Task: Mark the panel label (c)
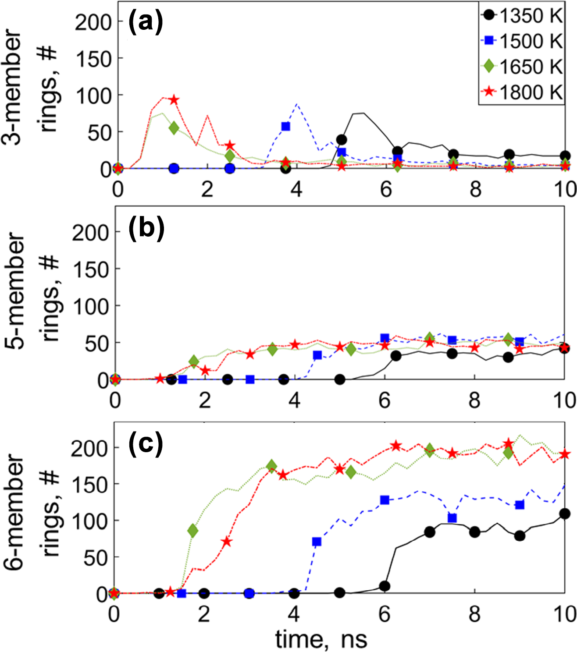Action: pyautogui.click(x=146, y=443)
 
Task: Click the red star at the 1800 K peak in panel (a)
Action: pyautogui.click(x=174, y=100)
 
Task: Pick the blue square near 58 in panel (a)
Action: pyautogui.click(x=285, y=126)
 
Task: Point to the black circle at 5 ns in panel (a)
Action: pyautogui.click(x=342, y=140)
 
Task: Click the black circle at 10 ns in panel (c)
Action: pyautogui.click(x=564, y=514)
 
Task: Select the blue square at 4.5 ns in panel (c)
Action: pyautogui.click(x=317, y=542)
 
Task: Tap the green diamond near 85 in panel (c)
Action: pyautogui.click(x=193, y=531)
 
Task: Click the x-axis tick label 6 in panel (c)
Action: pyautogui.click(x=384, y=614)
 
